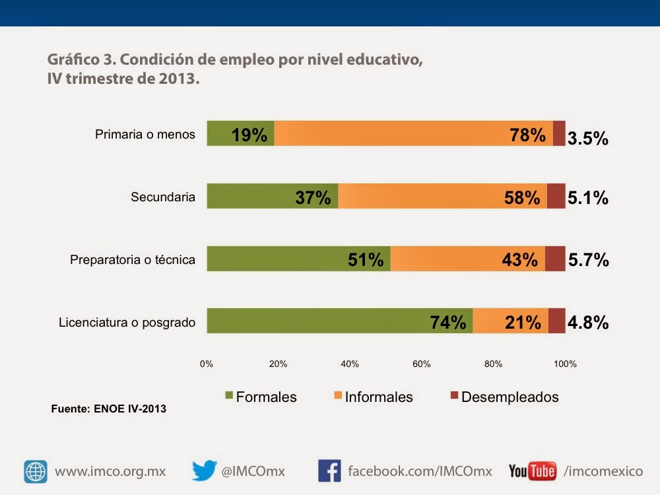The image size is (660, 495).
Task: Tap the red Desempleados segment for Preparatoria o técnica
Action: click(555, 259)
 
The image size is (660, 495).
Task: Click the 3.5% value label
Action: click(588, 139)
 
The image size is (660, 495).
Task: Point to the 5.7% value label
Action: click(588, 260)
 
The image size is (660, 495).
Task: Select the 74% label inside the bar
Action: click(448, 323)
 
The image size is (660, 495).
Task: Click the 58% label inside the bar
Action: click(521, 197)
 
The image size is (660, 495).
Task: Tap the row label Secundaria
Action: click(163, 197)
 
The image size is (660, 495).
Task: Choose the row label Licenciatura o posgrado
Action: click(127, 323)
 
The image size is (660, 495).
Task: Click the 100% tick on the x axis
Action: click(565, 364)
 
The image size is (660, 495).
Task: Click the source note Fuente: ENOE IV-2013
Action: click(108, 409)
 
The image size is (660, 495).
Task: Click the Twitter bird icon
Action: click(205, 471)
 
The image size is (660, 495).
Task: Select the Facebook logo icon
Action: click(329, 471)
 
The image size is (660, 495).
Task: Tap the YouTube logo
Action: click(532, 471)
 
